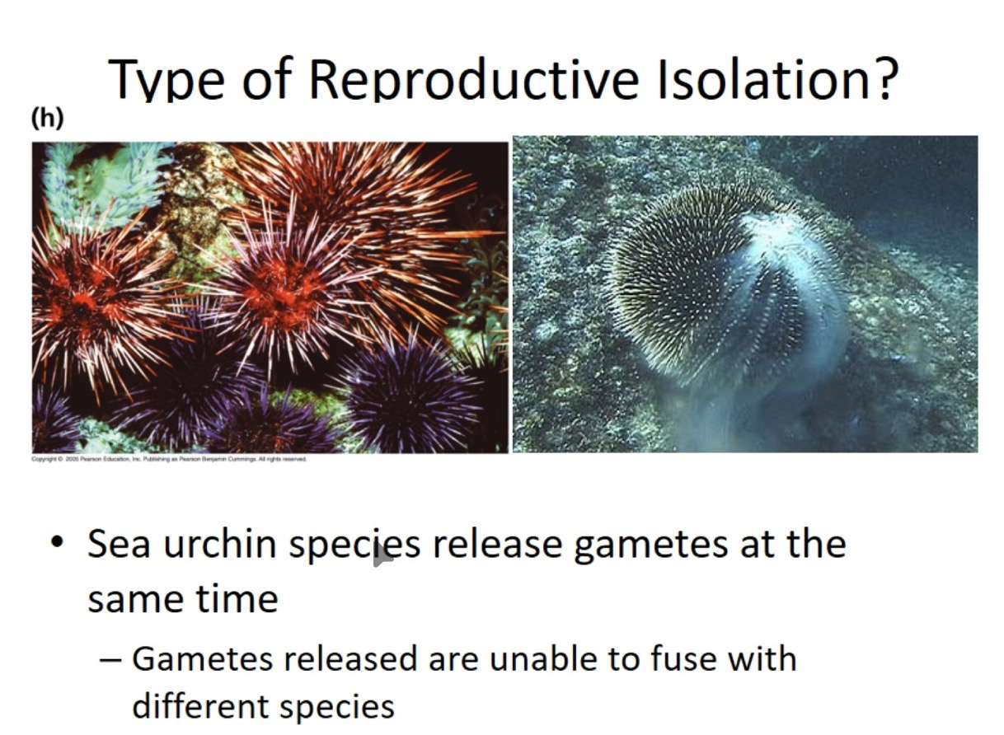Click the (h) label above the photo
pyautogui.click(x=47, y=119)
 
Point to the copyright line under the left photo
pyautogui.click(x=169, y=459)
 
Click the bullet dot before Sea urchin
pyautogui.click(x=56, y=545)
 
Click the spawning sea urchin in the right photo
pyautogui.click(x=717, y=288)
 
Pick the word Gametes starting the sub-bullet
pyautogui.click(x=195, y=658)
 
